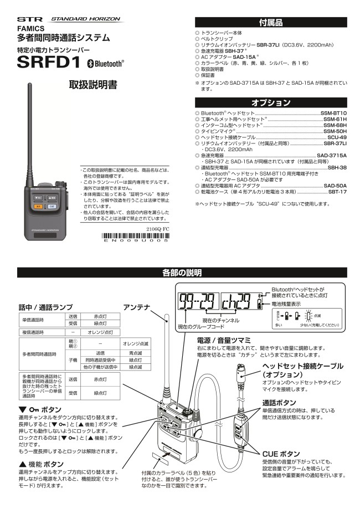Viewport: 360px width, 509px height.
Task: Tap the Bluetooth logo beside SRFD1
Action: [x=106, y=64]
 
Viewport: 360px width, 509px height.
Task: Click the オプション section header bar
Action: [x=271, y=102]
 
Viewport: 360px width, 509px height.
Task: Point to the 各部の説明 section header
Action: [x=182, y=273]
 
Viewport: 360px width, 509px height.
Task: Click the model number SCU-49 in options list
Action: [x=337, y=137]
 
